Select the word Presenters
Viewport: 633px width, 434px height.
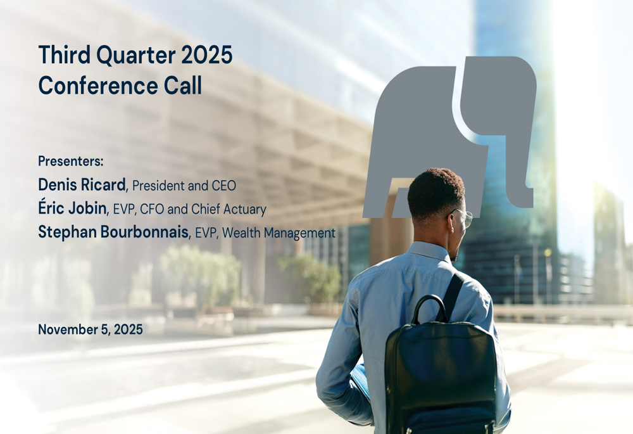pos(70,160)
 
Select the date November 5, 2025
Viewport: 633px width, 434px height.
pos(91,329)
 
